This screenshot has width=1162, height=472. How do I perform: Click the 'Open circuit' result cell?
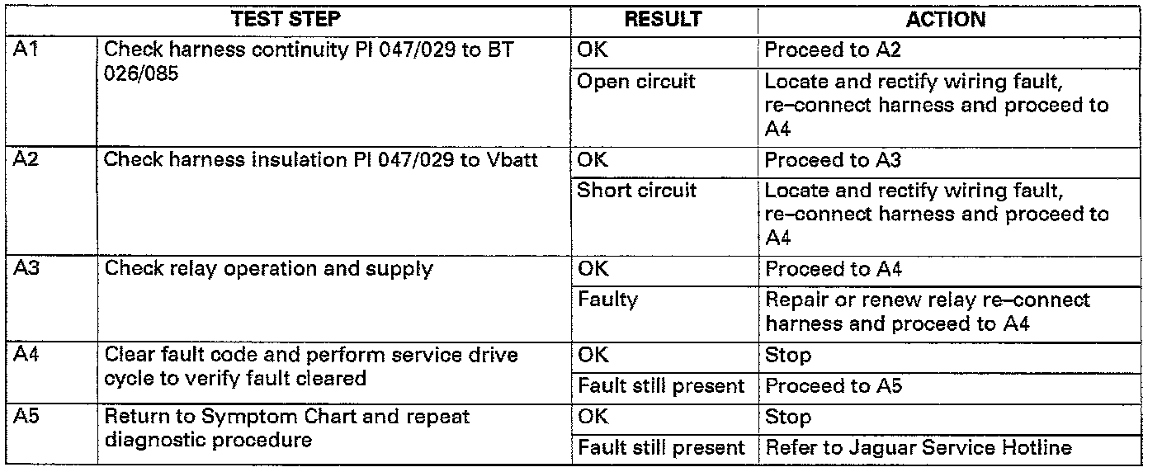(x=636, y=82)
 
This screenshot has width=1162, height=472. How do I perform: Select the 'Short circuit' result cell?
(x=637, y=191)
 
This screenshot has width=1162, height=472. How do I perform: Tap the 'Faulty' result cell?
(x=607, y=300)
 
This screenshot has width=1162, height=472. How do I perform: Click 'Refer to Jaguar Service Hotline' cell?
(x=919, y=448)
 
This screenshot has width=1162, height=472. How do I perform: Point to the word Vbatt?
(x=511, y=159)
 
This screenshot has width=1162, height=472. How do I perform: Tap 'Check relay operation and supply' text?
(x=269, y=269)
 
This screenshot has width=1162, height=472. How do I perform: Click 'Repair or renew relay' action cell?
(x=928, y=312)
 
